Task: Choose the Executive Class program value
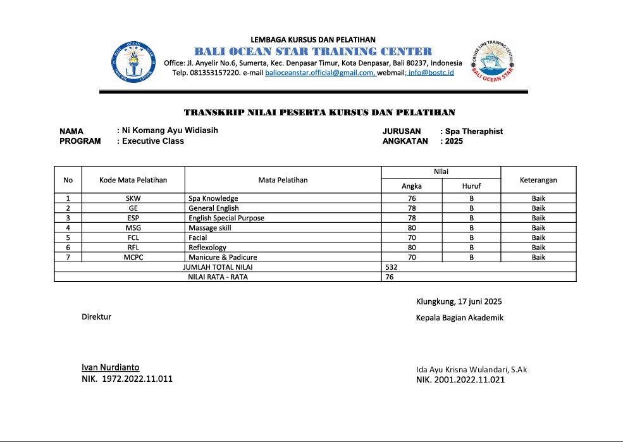pos(153,141)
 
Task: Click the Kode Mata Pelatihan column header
pos(133,180)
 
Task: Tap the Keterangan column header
pos(538,180)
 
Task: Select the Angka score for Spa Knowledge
pos(412,198)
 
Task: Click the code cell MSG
pos(133,227)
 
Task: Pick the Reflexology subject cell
pos(207,247)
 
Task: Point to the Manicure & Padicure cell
pos(223,257)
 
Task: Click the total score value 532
pos(392,267)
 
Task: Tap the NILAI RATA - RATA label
pos(218,277)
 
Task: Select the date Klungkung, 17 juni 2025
pos(459,301)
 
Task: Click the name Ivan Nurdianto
pos(110,367)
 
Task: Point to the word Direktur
pos(96,316)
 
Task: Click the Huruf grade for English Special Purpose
pos(471,218)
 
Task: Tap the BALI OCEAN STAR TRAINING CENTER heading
pos(313,51)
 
